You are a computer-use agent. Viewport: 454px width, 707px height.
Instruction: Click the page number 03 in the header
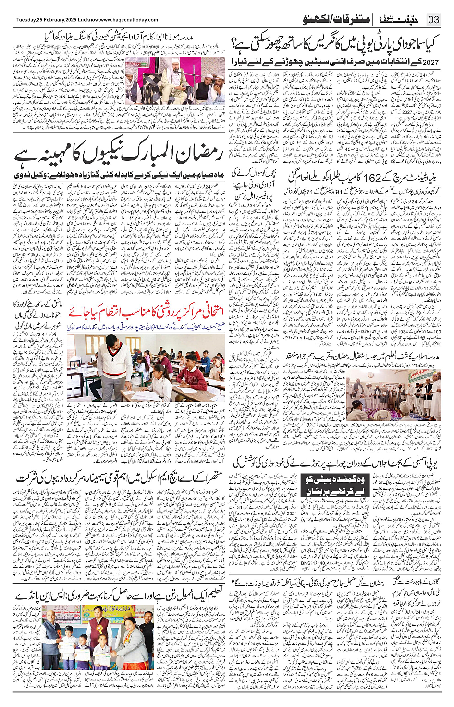click(434, 20)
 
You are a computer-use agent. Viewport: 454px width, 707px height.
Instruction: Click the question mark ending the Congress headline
click(235, 44)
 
